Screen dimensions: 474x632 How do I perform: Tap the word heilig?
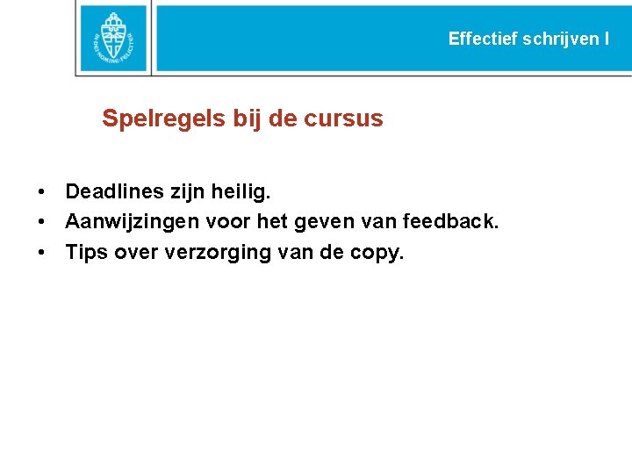coord(242,191)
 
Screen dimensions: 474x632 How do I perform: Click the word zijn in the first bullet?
coord(188,191)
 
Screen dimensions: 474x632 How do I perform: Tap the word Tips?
coord(86,254)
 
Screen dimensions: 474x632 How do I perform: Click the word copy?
coord(377,254)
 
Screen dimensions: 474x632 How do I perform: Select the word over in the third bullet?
coord(136,254)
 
